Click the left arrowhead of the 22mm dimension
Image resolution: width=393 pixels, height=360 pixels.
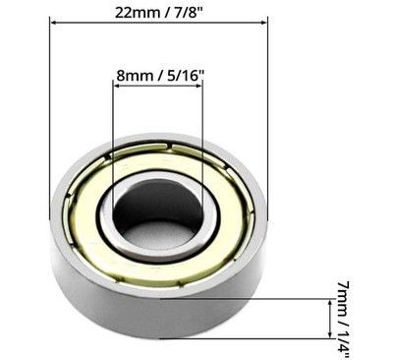[54, 23]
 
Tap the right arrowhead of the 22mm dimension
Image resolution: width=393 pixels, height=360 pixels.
[263, 23]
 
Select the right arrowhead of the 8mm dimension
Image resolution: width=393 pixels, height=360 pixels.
[198, 87]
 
